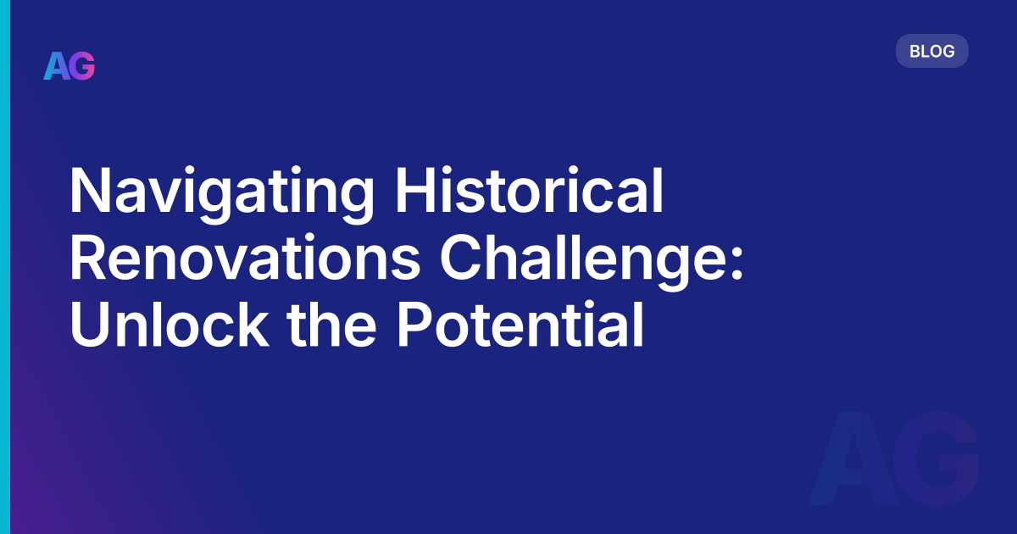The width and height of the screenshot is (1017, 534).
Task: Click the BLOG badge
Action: pyautogui.click(x=931, y=51)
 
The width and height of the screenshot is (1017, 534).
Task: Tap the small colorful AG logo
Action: pyautogui.click(x=69, y=65)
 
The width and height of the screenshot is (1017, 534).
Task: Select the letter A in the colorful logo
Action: pyautogui.click(x=56, y=65)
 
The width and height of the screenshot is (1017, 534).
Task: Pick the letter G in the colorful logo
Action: pyautogui.click(x=82, y=65)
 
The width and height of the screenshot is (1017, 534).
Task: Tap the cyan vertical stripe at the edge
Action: pyautogui.click(x=4, y=267)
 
